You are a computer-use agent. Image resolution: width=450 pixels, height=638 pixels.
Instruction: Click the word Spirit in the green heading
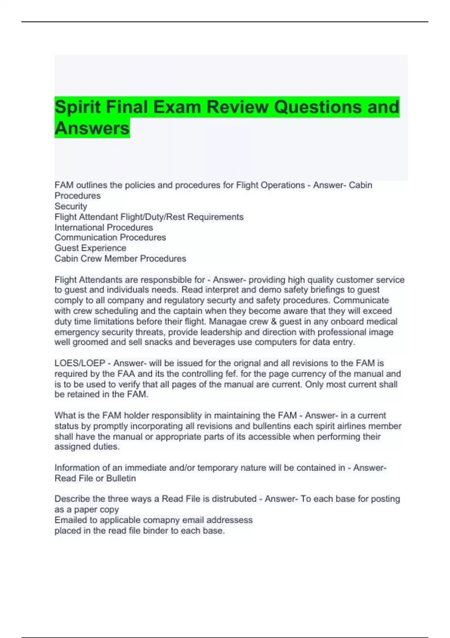click(77, 107)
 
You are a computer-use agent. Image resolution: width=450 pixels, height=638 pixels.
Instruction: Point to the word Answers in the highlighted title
click(92, 128)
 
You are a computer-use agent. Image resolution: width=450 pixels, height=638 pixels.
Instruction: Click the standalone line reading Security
click(70, 206)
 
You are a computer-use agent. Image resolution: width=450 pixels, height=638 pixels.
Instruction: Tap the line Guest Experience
click(90, 248)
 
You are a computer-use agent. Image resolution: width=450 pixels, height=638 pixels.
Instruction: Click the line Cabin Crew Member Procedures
click(120, 259)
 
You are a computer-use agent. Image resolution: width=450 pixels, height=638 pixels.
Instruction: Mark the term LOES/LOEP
click(79, 363)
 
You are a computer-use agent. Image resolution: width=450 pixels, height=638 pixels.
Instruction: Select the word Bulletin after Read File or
click(121, 478)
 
